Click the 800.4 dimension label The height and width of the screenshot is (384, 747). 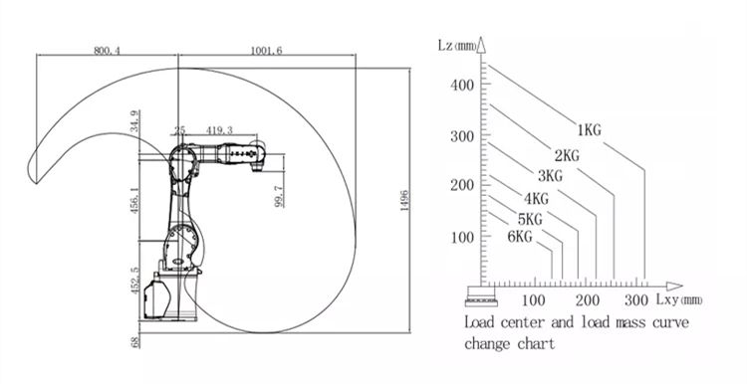[x=108, y=51]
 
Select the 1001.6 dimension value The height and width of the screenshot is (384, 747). [x=266, y=51]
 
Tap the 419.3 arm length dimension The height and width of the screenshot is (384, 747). [x=220, y=130]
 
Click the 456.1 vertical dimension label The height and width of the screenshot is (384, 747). [x=134, y=200]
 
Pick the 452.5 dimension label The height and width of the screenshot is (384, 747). [x=134, y=281]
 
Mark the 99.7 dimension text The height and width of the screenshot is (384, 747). [x=279, y=197]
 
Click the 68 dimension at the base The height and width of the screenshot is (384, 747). [x=135, y=341]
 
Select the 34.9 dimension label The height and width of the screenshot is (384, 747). [x=134, y=120]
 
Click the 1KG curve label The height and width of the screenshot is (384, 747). [x=590, y=130]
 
